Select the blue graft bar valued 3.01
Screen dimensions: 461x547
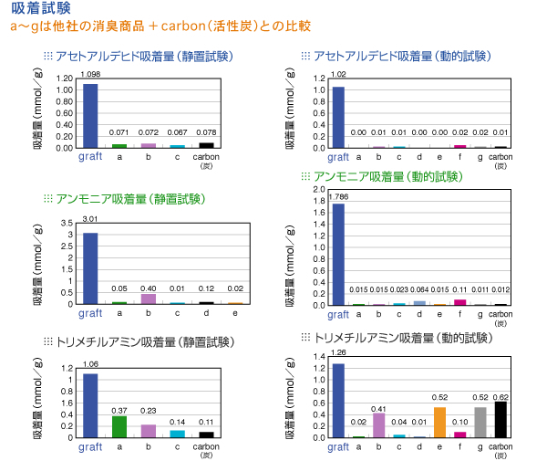pyautogui.click(x=90, y=267)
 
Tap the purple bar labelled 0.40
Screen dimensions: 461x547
pyautogui.click(x=148, y=298)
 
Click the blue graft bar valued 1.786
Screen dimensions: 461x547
pyautogui.click(x=338, y=254)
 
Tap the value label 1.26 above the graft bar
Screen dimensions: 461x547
pyautogui.click(x=338, y=351)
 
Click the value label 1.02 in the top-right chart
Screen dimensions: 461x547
pyautogui.click(x=338, y=74)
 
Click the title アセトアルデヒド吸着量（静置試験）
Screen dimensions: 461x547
pyautogui.click(x=144, y=57)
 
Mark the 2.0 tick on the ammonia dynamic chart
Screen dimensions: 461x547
pyautogui.click(x=319, y=189)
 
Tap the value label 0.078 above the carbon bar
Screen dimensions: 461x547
pyautogui.click(x=206, y=132)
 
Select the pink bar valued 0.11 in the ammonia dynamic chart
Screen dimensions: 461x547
pyautogui.click(x=459, y=301)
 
